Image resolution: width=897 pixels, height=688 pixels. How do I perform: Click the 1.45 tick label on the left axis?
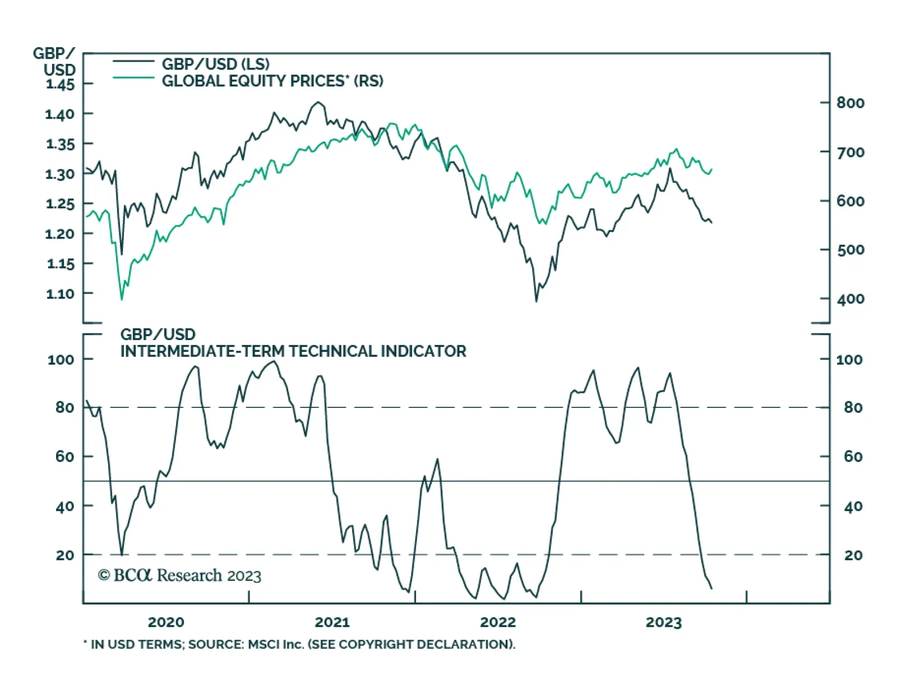tap(60, 85)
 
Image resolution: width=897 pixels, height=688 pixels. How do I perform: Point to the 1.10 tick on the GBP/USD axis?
tap(60, 294)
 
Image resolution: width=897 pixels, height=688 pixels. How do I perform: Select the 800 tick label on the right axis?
tap(850, 103)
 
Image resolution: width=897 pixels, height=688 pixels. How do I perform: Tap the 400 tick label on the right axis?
tap(850, 299)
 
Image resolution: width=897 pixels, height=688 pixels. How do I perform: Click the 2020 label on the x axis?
tap(166, 622)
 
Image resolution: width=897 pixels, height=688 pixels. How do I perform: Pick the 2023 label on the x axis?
tap(663, 622)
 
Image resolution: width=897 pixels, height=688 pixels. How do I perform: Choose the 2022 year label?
tap(498, 622)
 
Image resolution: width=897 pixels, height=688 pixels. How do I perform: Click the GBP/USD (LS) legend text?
tap(216, 64)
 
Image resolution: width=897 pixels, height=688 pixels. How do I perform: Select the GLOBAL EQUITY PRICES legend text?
tap(272, 81)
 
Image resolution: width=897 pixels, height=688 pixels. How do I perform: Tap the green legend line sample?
tap(133, 78)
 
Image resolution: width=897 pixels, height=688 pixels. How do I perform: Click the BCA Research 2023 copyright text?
tap(179, 576)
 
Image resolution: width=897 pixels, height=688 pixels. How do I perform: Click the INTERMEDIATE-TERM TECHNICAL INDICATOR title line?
tap(293, 352)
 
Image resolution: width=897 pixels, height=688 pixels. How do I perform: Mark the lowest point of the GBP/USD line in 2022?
tap(536, 301)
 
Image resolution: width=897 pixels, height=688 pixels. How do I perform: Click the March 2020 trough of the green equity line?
tap(122, 300)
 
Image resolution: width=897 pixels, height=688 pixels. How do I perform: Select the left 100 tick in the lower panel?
tap(61, 360)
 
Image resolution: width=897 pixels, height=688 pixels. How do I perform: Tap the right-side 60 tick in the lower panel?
tap(853, 457)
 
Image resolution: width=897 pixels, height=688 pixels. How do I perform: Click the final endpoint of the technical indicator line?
tap(711, 588)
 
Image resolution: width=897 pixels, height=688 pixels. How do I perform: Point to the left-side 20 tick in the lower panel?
tap(65, 555)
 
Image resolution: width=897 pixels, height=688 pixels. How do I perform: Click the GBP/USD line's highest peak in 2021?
tap(318, 102)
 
